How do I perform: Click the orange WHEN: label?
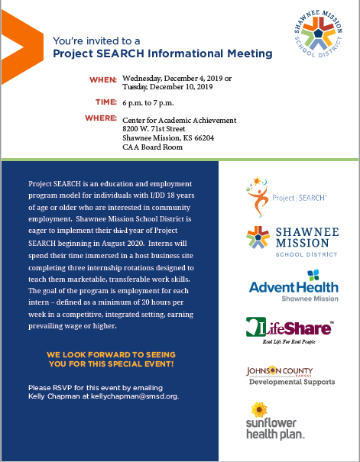click(103, 79)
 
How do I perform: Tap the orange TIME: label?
click(105, 100)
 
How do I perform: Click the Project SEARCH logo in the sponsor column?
click(287, 195)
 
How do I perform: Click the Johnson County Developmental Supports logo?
click(290, 376)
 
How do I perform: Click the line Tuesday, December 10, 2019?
click(167, 87)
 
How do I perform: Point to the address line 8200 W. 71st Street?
click(156, 130)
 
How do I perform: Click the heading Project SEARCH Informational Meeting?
click(162, 53)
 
